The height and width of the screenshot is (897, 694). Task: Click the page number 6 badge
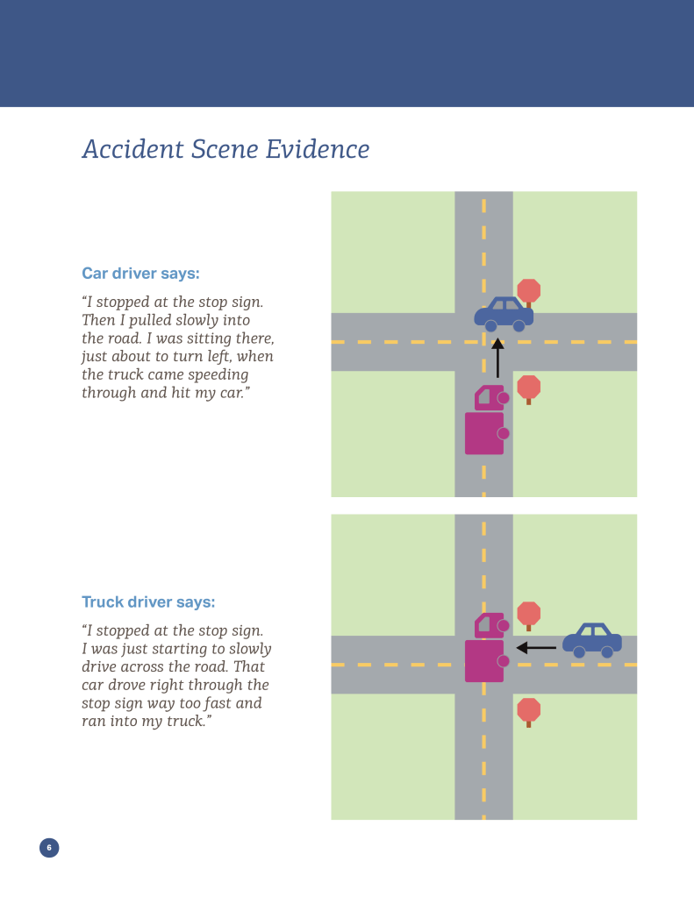click(49, 847)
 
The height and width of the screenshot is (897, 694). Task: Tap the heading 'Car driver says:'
click(140, 273)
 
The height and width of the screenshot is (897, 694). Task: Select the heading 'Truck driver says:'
click(148, 602)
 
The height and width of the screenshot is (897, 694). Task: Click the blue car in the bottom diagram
click(592, 640)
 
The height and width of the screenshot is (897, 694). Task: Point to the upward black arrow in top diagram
click(497, 360)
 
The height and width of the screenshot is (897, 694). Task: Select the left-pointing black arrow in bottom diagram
click(536, 648)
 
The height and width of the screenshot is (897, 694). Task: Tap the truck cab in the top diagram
click(489, 397)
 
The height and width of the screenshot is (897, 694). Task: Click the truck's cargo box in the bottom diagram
click(484, 660)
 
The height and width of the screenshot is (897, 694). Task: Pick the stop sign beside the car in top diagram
click(528, 291)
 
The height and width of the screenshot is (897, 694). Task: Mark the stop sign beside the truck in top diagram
click(528, 387)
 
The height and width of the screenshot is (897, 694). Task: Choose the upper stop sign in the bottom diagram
click(528, 614)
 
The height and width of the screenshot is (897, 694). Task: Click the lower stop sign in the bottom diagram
click(528, 709)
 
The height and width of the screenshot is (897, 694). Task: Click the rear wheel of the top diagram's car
click(491, 326)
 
